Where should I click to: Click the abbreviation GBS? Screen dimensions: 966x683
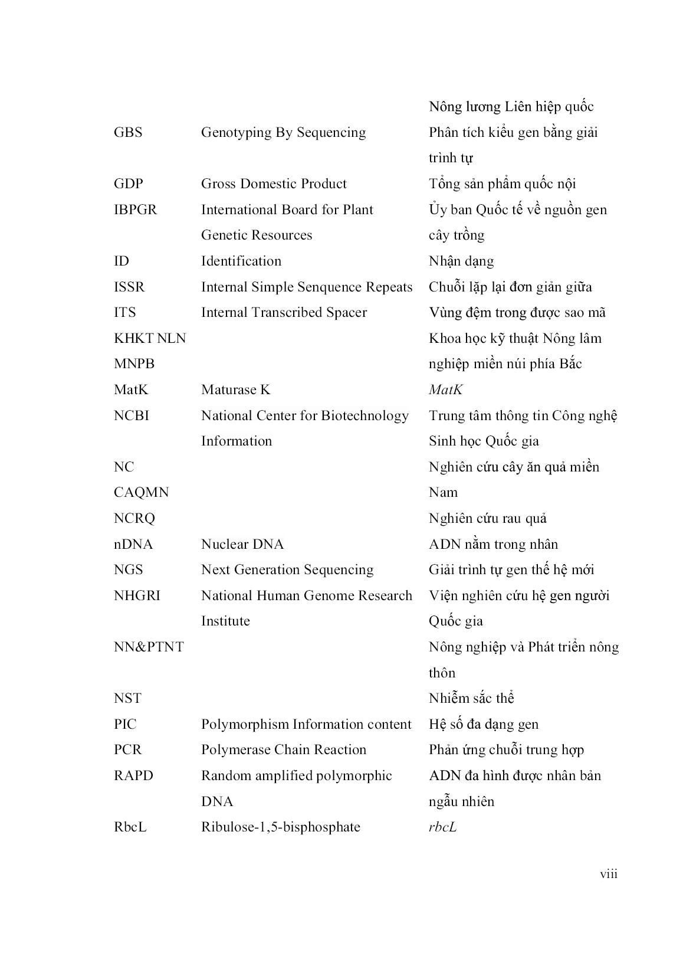click(x=128, y=132)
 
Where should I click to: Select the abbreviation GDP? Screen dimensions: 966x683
click(x=128, y=184)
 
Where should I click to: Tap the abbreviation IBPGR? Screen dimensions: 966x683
click(x=135, y=209)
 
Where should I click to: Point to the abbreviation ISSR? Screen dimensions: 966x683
click(x=129, y=287)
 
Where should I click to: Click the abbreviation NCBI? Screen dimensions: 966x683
click(x=132, y=415)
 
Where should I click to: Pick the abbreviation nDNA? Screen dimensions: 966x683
click(x=133, y=544)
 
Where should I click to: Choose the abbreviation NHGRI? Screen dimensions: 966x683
click(x=137, y=595)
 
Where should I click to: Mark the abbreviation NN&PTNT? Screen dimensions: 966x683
click(x=149, y=647)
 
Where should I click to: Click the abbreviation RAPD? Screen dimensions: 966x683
click(x=133, y=775)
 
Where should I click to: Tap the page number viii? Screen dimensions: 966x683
click(x=609, y=874)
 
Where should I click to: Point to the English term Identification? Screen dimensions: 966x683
click(x=241, y=261)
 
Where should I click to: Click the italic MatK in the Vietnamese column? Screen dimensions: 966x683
click(x=445, y=389)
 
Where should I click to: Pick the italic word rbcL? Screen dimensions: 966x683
click(x=442, y=827)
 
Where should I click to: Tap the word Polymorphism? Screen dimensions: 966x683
click(x=245, y=724)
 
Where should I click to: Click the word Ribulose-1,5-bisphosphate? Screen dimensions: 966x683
click(x=281, y=827)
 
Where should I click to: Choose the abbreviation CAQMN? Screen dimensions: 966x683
click(x=141, y=492)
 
